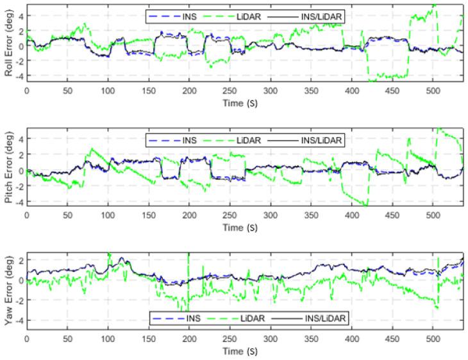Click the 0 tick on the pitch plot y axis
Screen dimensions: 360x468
[21, 170]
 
